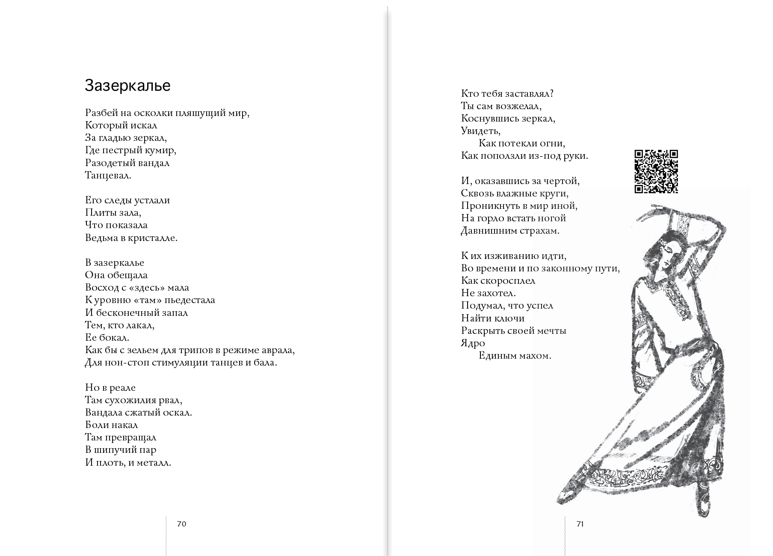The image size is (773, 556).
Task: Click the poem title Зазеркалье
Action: click(x=127, y=86)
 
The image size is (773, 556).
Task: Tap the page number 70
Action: click(x=181, y=524)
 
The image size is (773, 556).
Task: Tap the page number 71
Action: click(x=580, y=524)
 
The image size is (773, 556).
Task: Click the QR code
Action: click(x=656, y=171)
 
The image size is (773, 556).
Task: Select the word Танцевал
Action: click(x=108, y=175)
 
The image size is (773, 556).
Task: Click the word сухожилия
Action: click(x=139, y=400)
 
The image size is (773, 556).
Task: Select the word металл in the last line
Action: click(x=155, y=463)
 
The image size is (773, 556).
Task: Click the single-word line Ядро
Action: click(x=473, y=343)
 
